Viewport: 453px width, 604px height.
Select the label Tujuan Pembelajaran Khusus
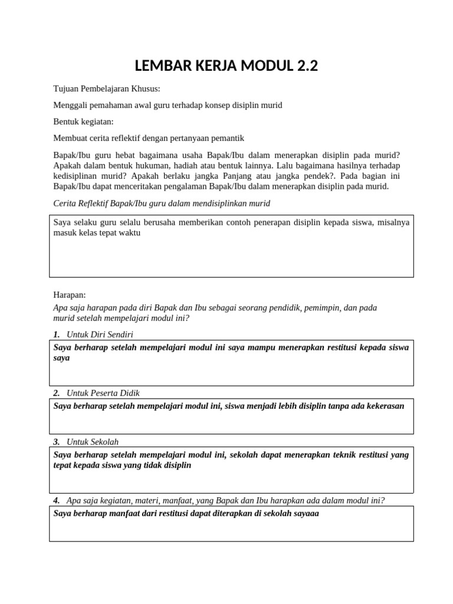click(x=106, y=88)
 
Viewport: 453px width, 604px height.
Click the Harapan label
click(x=70, y=294)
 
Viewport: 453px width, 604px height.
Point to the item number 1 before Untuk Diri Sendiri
click(x=56, y=334)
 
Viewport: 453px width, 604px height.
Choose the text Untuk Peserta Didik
click(x=103, y=393)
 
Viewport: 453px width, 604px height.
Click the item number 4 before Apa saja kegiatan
click(x=56, y=501)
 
